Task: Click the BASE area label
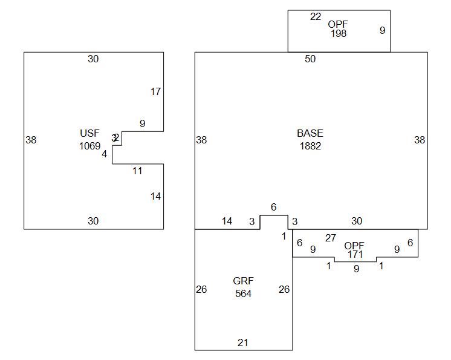[310, 133]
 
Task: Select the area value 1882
[310, 146]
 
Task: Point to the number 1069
[89, 146]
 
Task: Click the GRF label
[243, 281]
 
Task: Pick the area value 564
[243, 293]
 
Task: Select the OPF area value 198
[339, 34]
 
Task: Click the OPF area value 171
[354, 255]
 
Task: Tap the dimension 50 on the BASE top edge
[310, 59]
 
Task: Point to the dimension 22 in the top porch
[316, 17]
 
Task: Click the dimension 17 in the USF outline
[156, 92]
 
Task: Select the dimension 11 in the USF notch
[137, 171]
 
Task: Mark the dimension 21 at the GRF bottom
[242, 342]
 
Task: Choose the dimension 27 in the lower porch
[331, 238]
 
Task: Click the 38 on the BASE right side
[420, 140]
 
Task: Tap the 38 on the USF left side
[31, 140]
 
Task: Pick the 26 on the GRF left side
[201, 289]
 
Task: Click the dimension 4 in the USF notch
[104, 154]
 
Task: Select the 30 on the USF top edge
[93, 59]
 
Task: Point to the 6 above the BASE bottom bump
[273, 207]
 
